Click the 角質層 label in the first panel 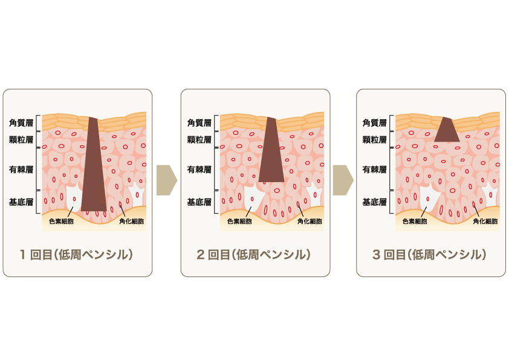coord(21,123)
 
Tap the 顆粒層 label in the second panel coord(199,140)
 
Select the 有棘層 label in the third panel coord(374,169)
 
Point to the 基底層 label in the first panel coord(21,202)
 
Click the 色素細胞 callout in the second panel coord(239,221)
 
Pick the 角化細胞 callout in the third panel coord(485,221)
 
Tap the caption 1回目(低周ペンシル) coord(77,254)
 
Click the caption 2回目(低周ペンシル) coord(253,254)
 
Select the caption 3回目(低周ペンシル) coord(429,254)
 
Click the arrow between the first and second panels coord(166,180)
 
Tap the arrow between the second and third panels coord(343,180)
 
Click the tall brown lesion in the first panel coord(94,164)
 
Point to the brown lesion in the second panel coord(271,149)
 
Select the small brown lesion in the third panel coord(447,129)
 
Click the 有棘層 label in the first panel coord(21,169)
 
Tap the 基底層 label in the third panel coord(374,202)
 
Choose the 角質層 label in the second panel coord(199,123)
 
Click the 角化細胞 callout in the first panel coord(131,221)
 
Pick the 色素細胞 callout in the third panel coord(415,221)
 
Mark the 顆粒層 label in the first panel coord(21,140)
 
